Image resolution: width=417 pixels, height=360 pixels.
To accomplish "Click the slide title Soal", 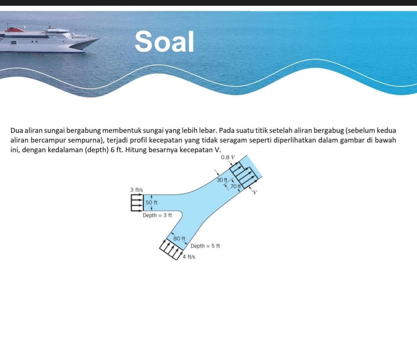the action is coord(164,41).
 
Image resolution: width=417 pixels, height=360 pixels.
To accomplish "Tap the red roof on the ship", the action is coord(15,29).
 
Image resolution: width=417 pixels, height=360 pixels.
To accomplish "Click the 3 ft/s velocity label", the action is coord(136,190).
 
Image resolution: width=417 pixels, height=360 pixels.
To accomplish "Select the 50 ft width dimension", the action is coord(151,202).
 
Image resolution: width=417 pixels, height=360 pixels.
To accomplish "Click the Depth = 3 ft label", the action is coord(157,215).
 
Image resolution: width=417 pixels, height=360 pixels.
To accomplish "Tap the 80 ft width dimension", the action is coord(179,238).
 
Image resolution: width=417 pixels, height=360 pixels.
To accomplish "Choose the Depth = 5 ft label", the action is coord(205,246).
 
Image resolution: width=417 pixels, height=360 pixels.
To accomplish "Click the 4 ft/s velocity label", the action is coord(189,257).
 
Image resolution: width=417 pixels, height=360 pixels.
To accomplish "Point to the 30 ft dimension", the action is coord(222,180).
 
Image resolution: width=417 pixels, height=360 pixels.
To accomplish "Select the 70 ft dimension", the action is coord(236,186).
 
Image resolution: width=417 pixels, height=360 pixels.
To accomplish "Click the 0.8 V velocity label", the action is coord(228,157).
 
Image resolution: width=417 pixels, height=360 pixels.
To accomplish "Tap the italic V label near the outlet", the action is coord(255,192).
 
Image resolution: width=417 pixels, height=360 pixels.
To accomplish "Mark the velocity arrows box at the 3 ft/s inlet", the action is coord(137,203).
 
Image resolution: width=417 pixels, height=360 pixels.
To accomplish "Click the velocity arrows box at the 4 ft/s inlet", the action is coord(171,249).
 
